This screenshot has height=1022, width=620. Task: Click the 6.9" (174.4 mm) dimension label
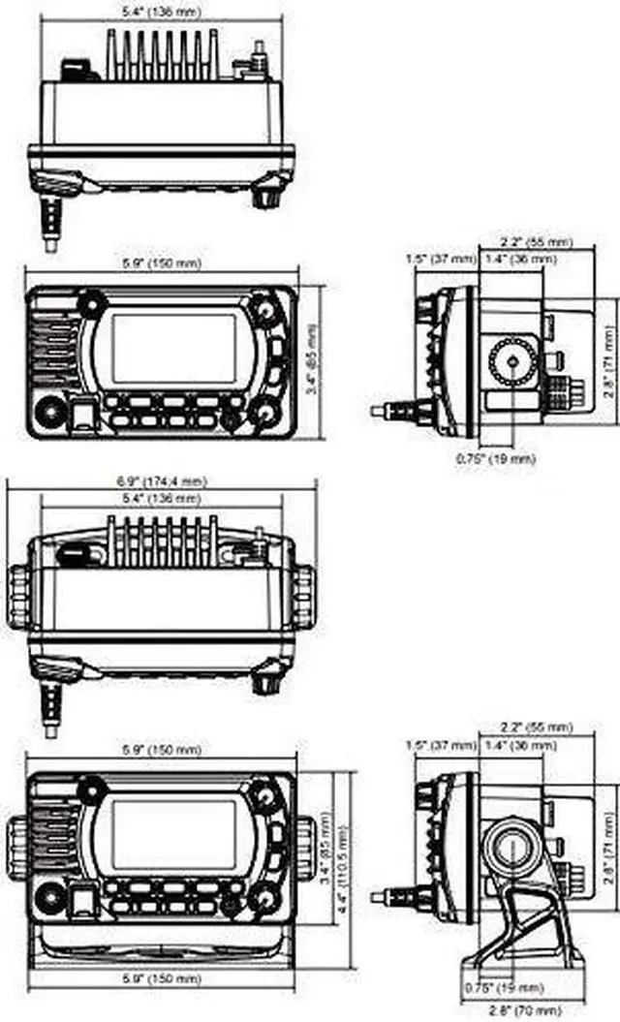pos(162,480)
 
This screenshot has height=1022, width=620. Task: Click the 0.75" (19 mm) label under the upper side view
pos(495,459)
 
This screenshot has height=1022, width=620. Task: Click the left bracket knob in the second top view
pos(19,595)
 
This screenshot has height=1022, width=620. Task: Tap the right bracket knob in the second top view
pos(304,595)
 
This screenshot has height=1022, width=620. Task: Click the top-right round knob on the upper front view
pos(263,309)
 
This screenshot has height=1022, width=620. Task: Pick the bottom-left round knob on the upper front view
pos(46,414)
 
